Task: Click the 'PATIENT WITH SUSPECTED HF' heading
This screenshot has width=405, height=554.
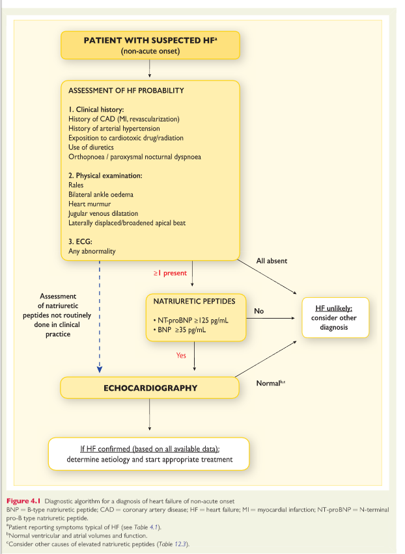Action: (x=149, y=40)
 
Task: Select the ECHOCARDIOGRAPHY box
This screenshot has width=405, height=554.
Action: (x=150, y=388)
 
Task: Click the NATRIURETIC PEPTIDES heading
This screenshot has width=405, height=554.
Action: (x=194, y=302)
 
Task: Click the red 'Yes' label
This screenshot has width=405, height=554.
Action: (x=182, y=355)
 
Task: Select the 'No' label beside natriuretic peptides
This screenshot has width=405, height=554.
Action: (x=258, y=311)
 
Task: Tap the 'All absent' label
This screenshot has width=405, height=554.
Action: (x=272, y=261)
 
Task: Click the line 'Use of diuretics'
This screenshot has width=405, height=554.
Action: (x=92, y=148)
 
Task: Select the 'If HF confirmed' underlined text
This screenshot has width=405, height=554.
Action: (x=150, y=449)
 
